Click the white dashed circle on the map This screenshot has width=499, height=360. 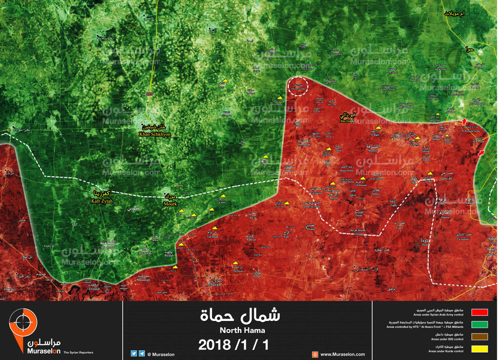pyautogui.click(x=298, y=87)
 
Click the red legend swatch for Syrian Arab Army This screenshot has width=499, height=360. pyautogui.click(x=479, y=313)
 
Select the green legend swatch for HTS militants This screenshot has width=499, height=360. pyautogui.click(x=479, y=325)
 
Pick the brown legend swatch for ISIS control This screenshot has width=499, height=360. pyautogui.click(x=479, y=337)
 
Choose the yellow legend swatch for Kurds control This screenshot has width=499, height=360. pyautogui.click(x=479, y=350)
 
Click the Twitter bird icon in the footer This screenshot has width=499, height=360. pyautogui.click(x=134, y=354)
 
